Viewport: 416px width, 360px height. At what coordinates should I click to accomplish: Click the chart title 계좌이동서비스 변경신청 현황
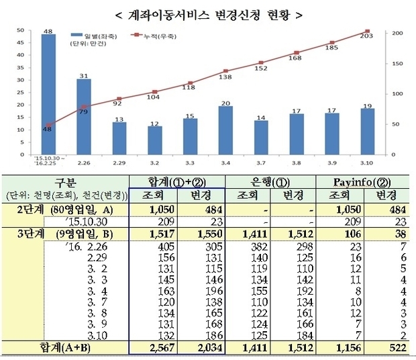tap(207, 13)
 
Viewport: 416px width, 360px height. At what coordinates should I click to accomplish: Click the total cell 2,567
tap(152, 347)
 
